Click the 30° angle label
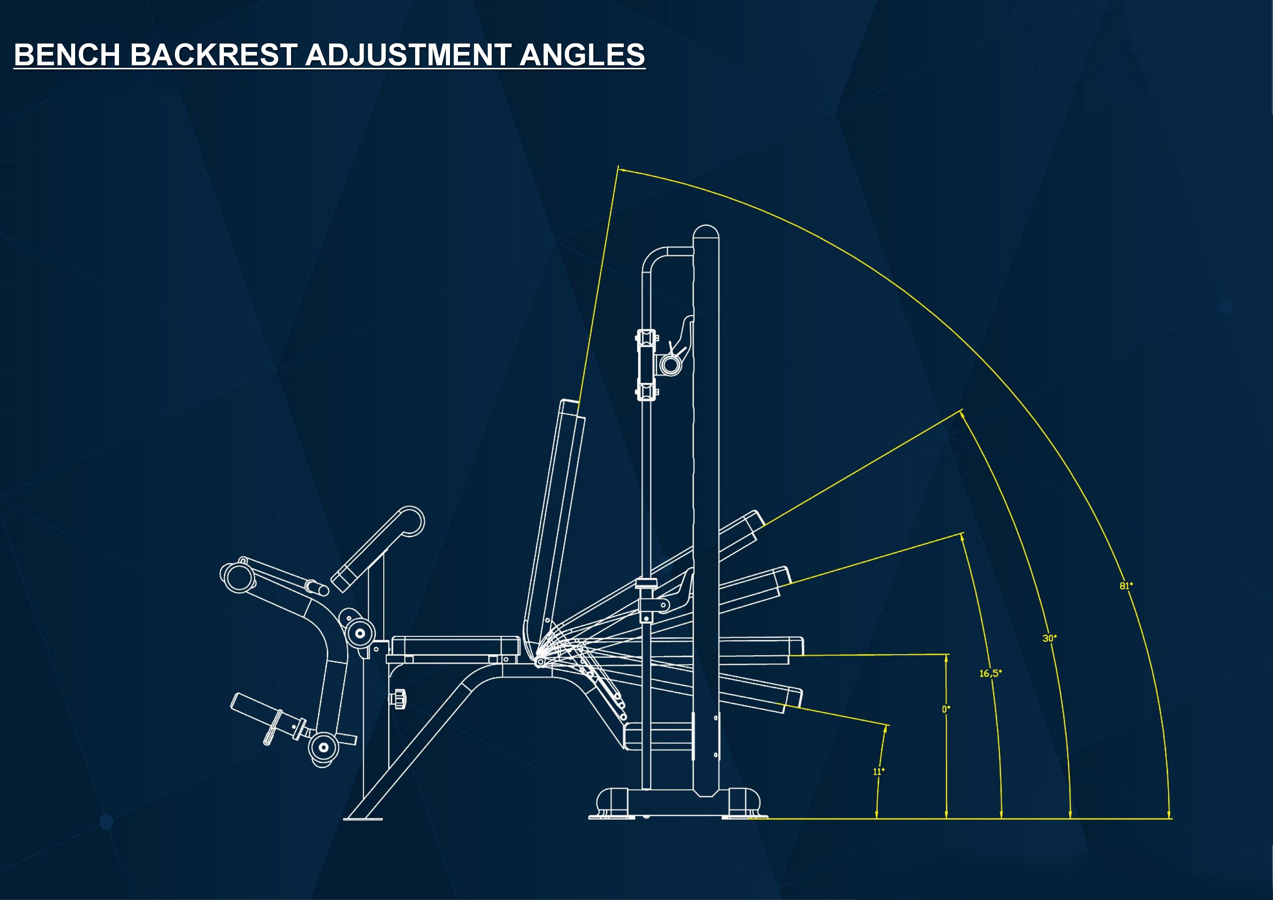coord(1049,638)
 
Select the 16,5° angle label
coord(990,673)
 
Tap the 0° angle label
coord(946,709)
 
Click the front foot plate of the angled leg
coord(363,818)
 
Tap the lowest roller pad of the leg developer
coord(323,748)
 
